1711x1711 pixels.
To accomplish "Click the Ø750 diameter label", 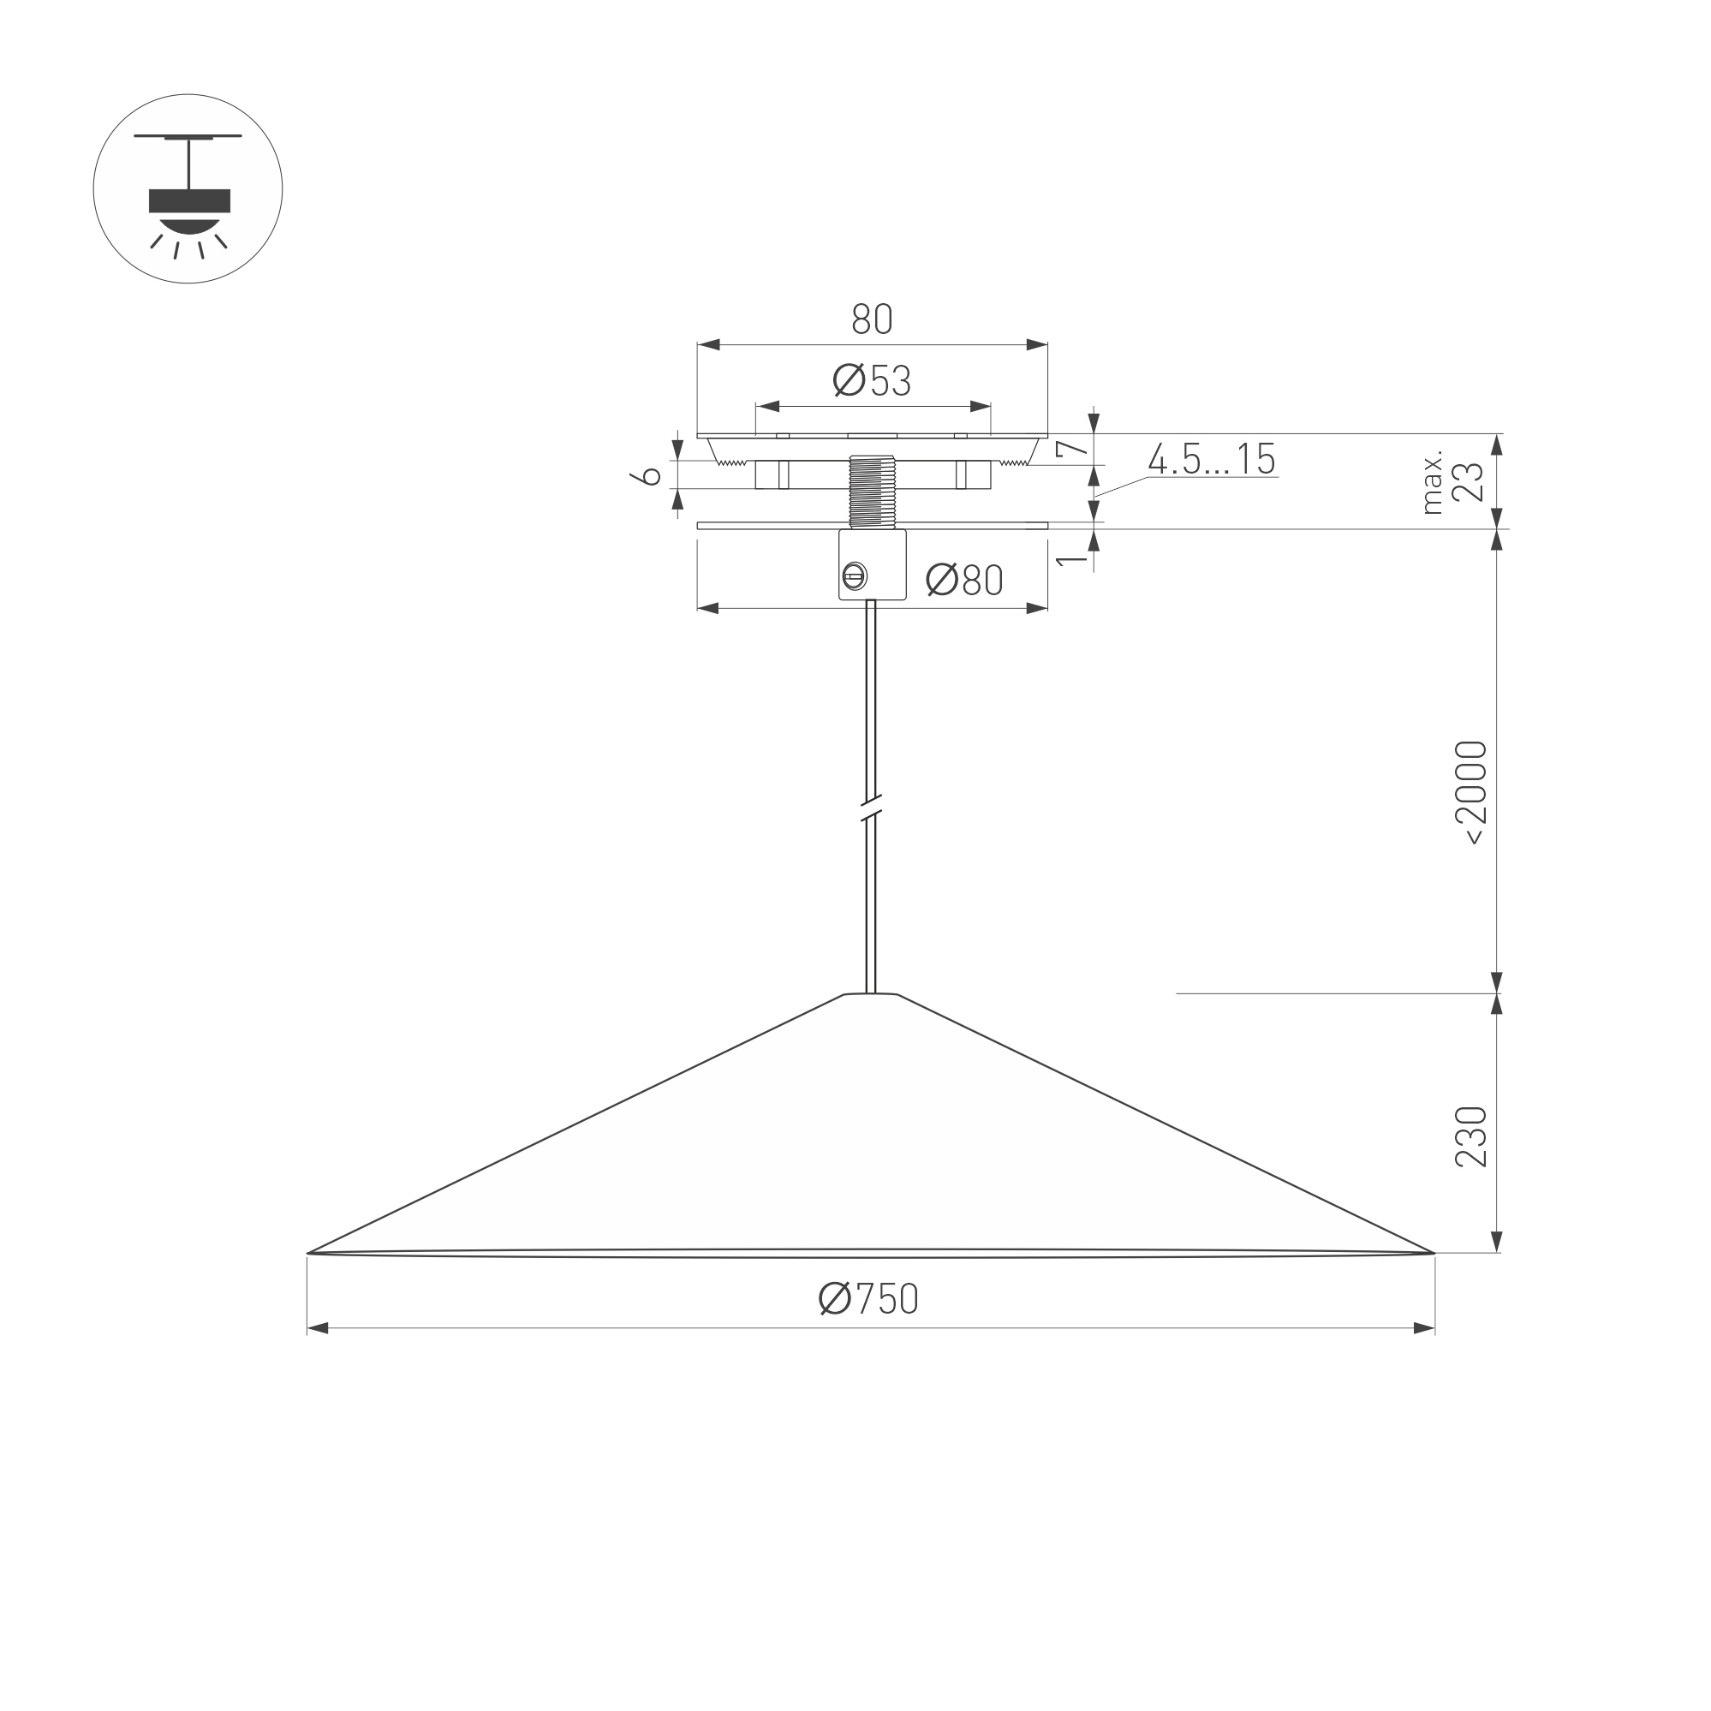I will click(867, 1299).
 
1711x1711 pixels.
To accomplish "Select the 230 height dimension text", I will click(1471, 1136).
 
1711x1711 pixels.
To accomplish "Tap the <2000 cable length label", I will click(1471, 793).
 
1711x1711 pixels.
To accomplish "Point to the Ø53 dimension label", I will click(872, 381).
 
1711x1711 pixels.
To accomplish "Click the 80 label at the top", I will click(872, 319).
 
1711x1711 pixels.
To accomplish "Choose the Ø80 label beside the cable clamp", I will click(963, 580).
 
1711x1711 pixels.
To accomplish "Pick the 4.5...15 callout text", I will click(1212, 459).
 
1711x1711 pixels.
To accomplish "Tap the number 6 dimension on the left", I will click(651, 475).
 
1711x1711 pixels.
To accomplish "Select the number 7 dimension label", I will click(1072, 448).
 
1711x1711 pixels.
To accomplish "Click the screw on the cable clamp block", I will click(854, 576).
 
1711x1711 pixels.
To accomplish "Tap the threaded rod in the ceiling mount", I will click(872, 492).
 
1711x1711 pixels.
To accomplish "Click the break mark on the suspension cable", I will click(872, 808).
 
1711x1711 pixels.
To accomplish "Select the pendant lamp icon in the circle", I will click(188, 189).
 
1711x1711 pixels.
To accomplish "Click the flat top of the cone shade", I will click(871, 994).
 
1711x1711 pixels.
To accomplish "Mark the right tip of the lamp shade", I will click(1431, 1253).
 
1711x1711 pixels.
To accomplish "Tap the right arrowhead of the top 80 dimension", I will click(1037, 344).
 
